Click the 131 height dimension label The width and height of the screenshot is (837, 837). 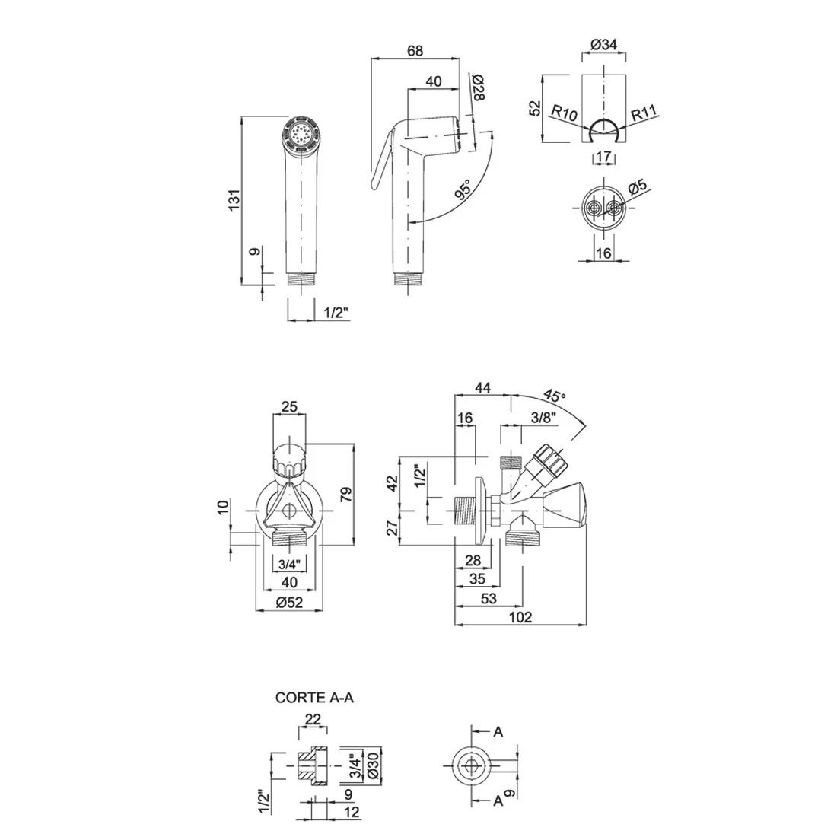pyautogui.click(x=235, y=200)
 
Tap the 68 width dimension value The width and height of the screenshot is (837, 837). pyautogui.click(x=415, y=50)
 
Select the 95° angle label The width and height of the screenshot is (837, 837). pyautogui.click(x=463, y=190)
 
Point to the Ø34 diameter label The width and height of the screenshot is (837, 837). pyautogui.click(x=603, y=45)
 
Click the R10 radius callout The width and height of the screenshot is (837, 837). pyautogui.click(x=564, y=113)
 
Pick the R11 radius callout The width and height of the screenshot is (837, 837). pyautogui.click(x=644, y=113)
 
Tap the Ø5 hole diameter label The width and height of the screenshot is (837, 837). pyautogui.click(x=638, y=187)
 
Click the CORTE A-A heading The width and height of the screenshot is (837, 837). pyautogui.click(x=314, y=698)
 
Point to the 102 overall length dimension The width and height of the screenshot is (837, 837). pyautogui.click(x=520, y=617)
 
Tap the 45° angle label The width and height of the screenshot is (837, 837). pyautogui.click(x=555, y=396)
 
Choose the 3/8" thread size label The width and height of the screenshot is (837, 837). pyautogui.click(x=543, y=418)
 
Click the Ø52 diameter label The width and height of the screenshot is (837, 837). pyautogui.click(x=290, y=602)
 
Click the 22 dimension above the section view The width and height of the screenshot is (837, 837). pyautogui.click(x=313, y=719)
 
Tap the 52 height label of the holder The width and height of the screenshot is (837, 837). pyautogui.click(x=535, y=108)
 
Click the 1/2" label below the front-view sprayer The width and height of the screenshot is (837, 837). pyautogui.click(x=336, y=313)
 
